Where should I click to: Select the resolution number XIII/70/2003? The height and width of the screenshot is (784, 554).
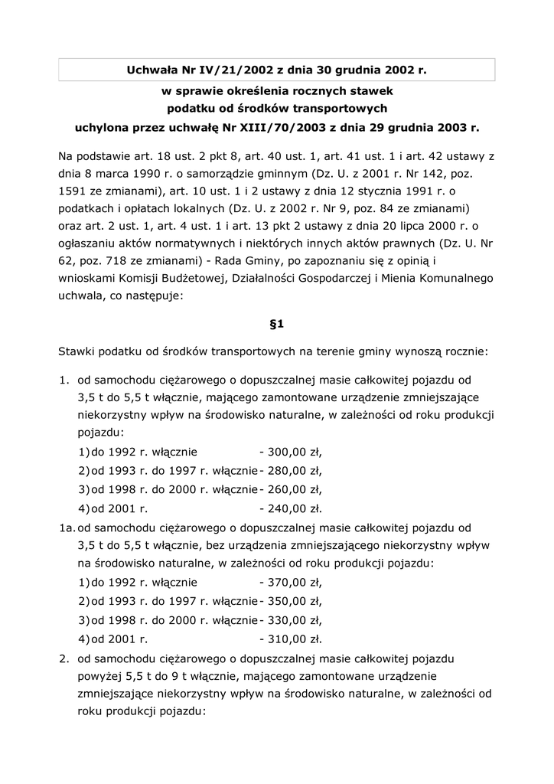tap(311, 126)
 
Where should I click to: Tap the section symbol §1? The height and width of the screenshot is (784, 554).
tap(277, 324)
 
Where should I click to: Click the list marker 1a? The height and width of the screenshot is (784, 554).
tap(66, 527)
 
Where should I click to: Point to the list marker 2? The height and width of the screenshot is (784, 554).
tap(64, 657)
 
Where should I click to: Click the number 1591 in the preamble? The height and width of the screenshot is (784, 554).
tap(73, 188)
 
